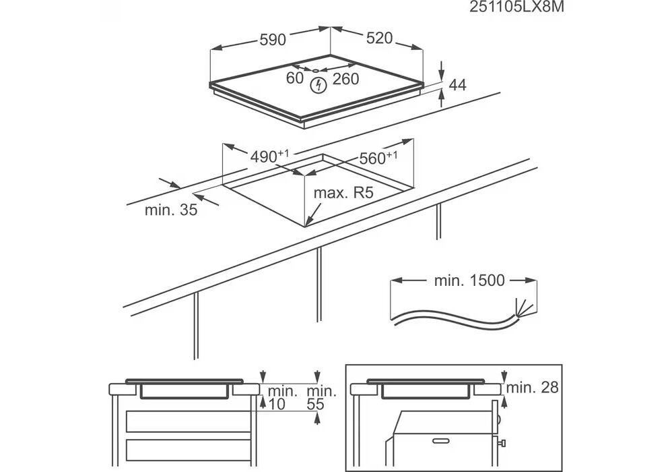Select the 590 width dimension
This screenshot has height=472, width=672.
273,40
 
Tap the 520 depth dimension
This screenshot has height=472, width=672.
379,38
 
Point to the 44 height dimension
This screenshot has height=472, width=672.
458,85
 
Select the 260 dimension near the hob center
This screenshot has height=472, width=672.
345,79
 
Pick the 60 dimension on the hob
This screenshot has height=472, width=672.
295,78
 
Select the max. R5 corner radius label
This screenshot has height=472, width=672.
343,194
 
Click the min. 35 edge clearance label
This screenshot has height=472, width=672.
171,210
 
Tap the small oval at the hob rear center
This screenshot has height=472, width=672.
316,69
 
